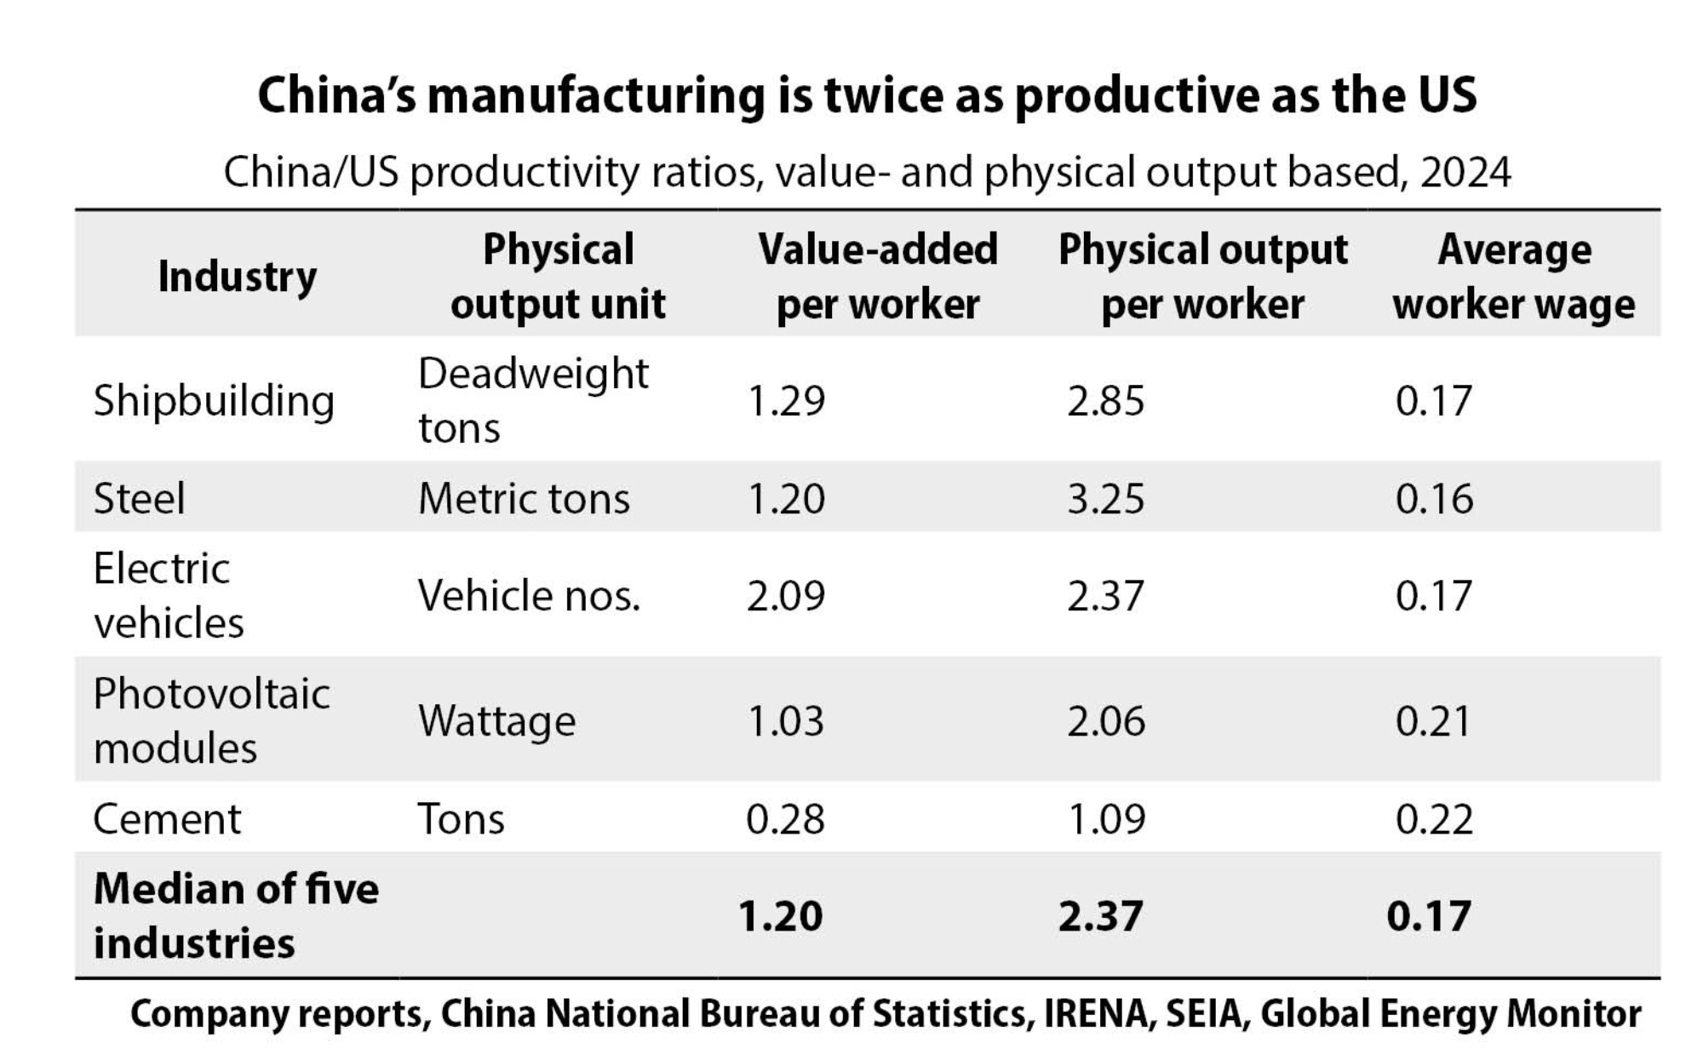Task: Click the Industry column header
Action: click(237, 277)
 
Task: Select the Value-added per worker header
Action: click(878, 277)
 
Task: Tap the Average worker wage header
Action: click(1514, 277)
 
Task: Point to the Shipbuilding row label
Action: click(214, 401)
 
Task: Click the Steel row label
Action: click(139, 498)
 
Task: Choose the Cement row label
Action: click(167, 819)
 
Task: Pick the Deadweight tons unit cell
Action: click(533, 400)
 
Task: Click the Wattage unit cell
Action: click(496, 721)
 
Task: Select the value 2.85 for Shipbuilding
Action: click(1106, 401)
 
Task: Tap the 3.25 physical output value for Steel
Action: click(1106, 498)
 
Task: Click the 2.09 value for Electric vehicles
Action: click(786, 595)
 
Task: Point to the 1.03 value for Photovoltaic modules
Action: click(786, 721)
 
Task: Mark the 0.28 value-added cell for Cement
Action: click(785, 819)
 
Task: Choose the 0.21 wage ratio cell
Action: click(1433, 721)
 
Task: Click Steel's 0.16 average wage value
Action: click(1434, 498)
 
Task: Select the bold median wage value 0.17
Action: click(1429, 916)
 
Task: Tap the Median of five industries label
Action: click(236, 916)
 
